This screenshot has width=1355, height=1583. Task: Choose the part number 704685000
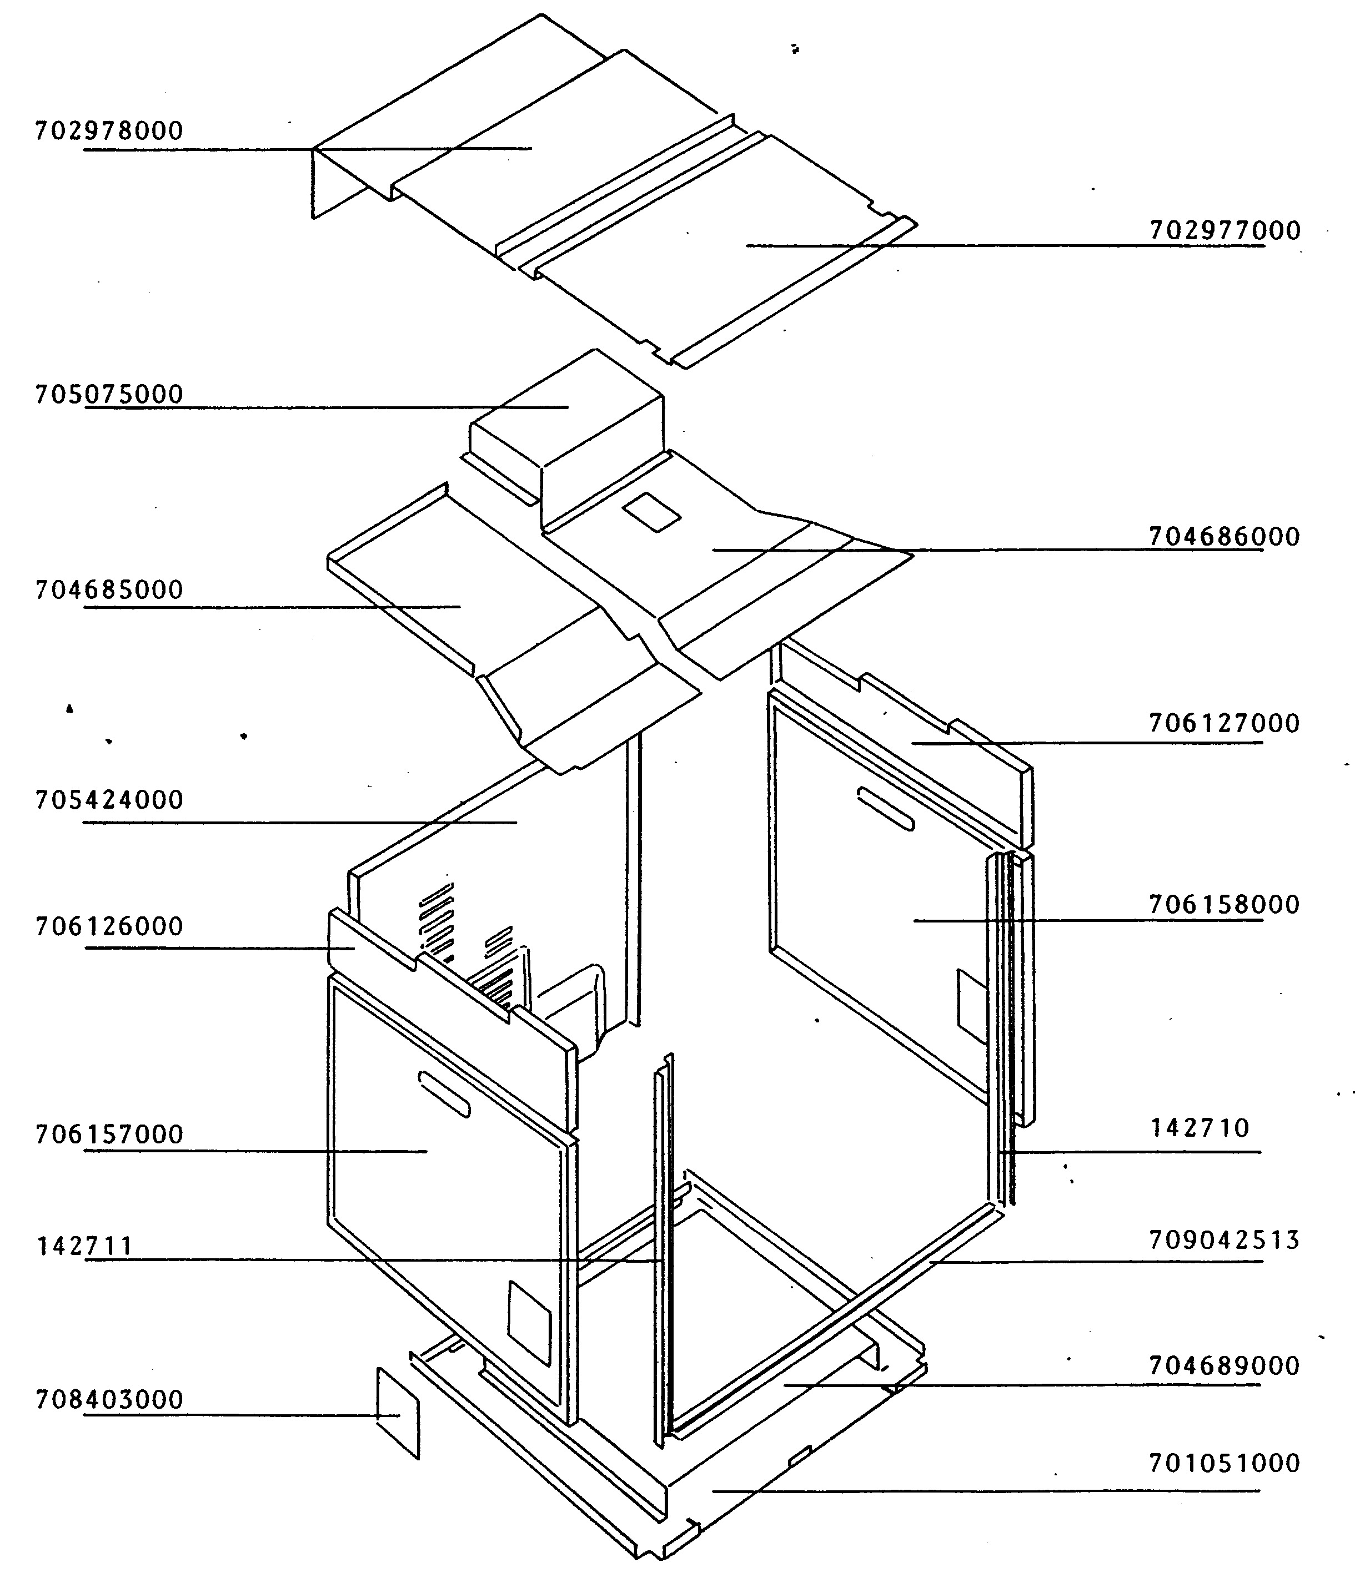pyautogui.click(x=109, y=590)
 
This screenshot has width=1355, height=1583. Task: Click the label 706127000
pyautogui.click(x=1224, y=723)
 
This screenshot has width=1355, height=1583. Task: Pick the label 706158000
pyautogui.click(x=1224, y=905)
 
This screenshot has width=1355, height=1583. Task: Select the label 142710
pyautogui.click(x=1200, y=1128)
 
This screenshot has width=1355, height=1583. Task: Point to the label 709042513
pyautogui.click(x=1224, y=1240)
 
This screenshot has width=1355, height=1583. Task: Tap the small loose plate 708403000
pyautogui.click(x=398, y=1413)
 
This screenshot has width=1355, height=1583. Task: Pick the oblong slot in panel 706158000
pyautogui.click(x=885, y=808)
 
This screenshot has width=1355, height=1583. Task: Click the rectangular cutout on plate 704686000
pyautogui.click(x=651, y=512)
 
